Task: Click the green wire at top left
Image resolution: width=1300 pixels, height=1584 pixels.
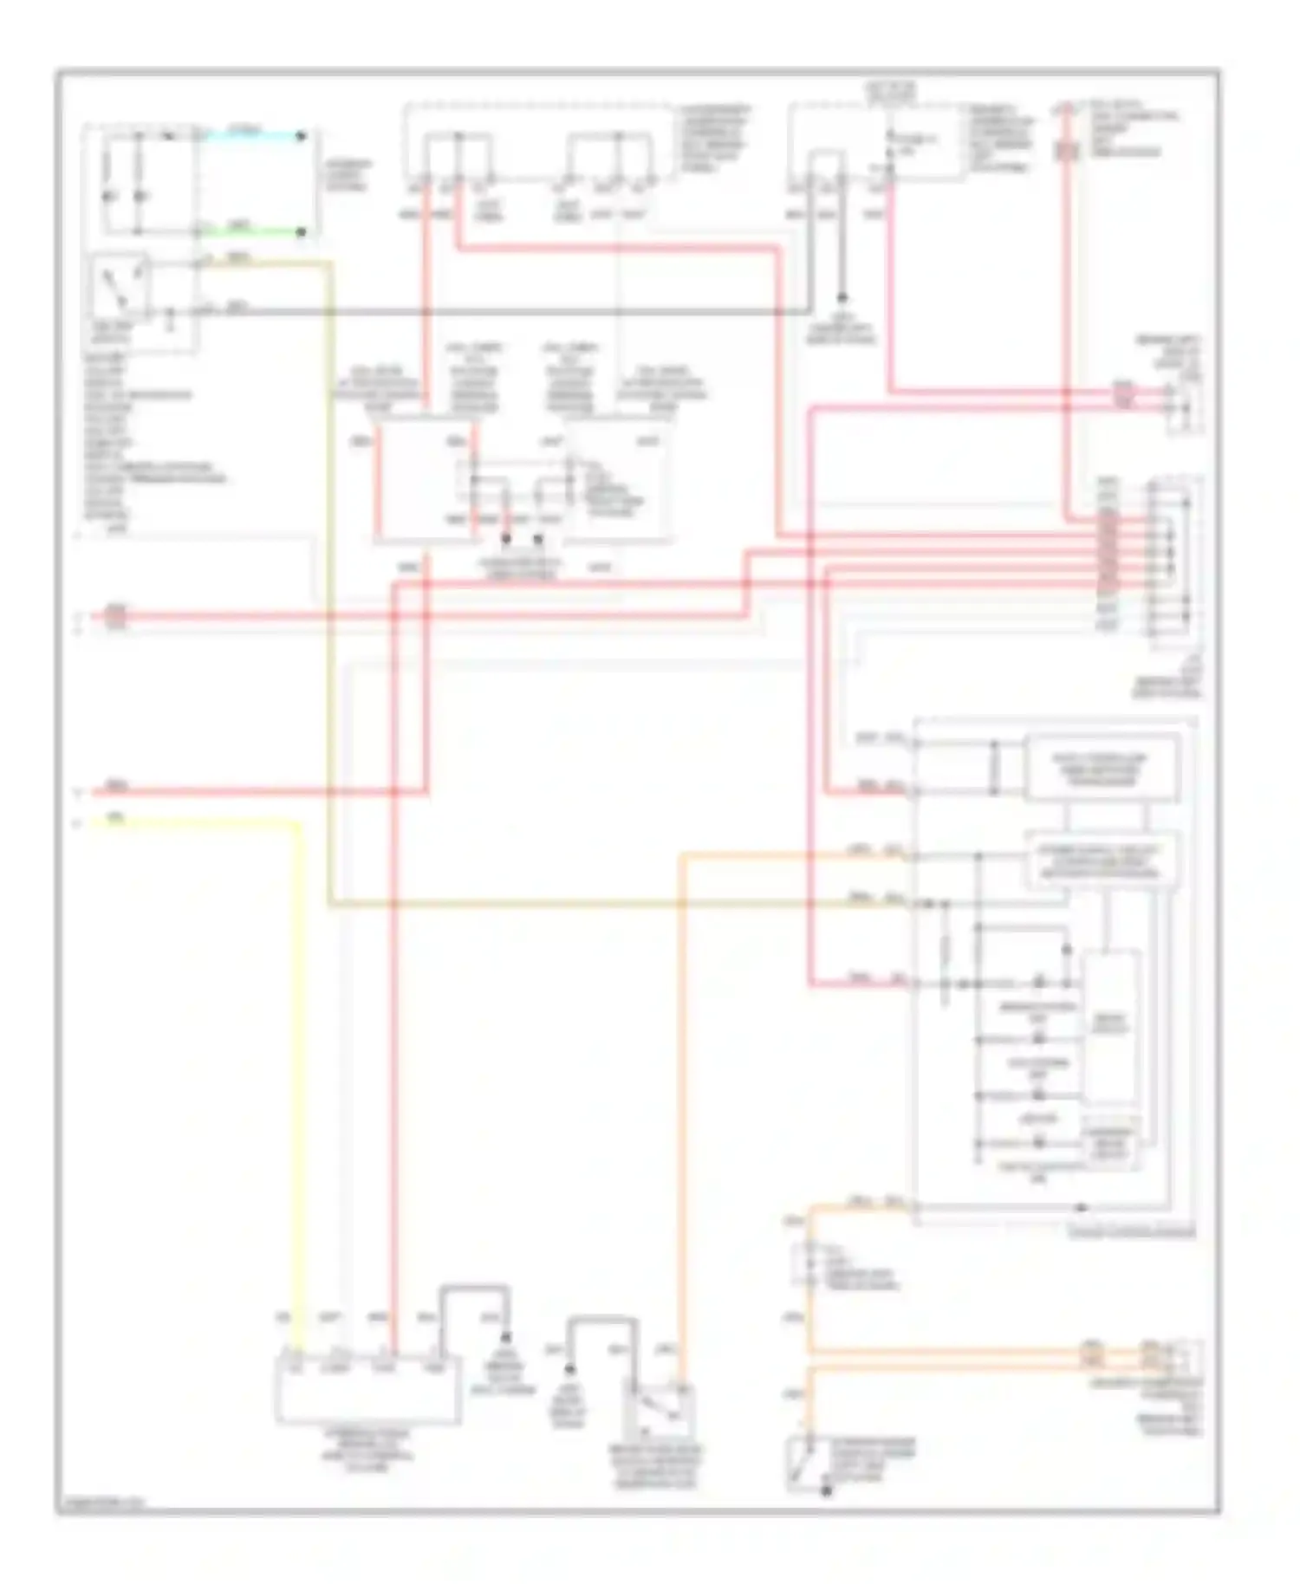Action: point(251,231)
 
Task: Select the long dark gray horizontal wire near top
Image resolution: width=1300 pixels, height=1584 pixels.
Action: point(520,311)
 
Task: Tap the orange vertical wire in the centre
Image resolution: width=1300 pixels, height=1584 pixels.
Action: point(681,1083)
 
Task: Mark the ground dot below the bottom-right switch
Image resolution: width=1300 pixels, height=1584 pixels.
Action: point(826,1491)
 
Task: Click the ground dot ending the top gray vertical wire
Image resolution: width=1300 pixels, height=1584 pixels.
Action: point(841,295)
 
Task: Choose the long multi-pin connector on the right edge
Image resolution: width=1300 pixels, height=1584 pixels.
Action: point(1170,563)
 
